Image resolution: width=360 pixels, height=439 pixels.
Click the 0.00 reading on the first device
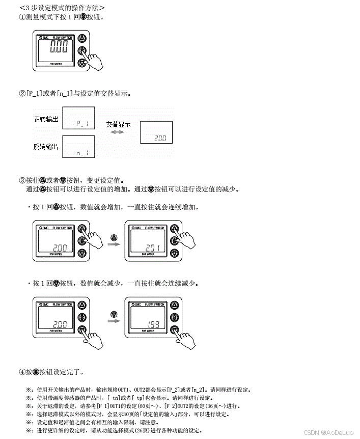[x=59, y=49]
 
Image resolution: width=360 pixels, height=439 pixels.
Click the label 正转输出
[x=46, y=120]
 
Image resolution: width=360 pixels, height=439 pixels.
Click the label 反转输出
[x=46, y=147]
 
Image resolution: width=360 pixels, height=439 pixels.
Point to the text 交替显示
[x=118, y=124]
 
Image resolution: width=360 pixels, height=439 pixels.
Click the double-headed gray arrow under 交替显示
[x=118, y=132]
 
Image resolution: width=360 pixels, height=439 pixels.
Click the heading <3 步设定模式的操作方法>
[x=62, y=8]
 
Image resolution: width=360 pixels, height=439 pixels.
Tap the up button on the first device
[x=82, y=38]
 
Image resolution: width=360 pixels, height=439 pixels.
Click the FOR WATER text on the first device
[x=56, y=64]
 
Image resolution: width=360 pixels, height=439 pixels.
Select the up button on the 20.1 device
[x=174, y=229]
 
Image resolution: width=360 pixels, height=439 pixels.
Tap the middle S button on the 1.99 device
[x=174, y=317]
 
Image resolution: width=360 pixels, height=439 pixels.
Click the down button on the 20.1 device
[x=174, y=253]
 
